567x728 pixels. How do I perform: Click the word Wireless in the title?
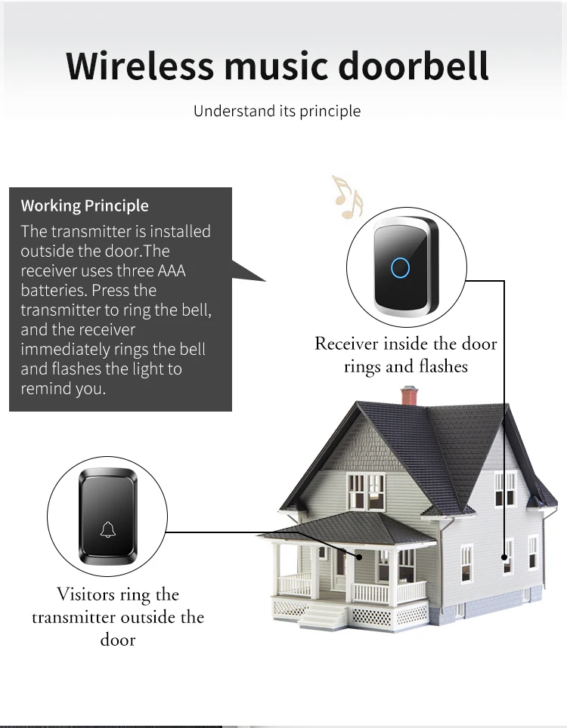(140, 66)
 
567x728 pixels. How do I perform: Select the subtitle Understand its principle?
(277, 111)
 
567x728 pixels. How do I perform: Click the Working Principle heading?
(85, 205)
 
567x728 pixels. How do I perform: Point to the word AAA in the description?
(172, 270)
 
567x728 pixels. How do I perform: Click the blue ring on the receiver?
(400, 267)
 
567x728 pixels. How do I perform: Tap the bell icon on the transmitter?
(108, 529)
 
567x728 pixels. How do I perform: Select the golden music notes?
(347, 197)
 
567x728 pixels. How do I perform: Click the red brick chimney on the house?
(410, 395)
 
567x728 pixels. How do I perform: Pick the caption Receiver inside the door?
(406, 344)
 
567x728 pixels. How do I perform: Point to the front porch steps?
(323, 616)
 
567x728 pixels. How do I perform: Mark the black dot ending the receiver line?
(504, 557)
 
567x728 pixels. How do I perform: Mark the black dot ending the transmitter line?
(359, 557)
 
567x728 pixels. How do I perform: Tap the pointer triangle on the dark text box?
(246, 271)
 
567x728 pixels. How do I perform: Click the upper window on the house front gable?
(367, 491)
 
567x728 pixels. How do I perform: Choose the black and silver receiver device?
(406, 267)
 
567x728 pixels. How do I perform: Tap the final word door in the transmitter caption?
(118, 640)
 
